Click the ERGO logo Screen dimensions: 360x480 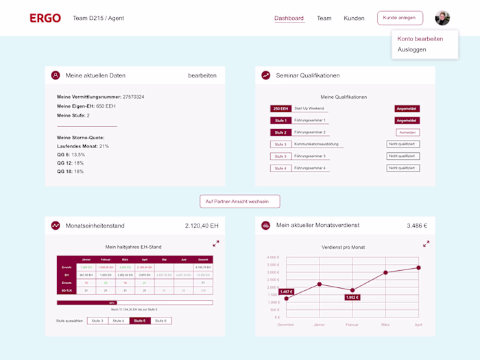tap(45, 18)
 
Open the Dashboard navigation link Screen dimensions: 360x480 tap(289, 19)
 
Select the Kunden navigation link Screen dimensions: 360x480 tap(354, 19)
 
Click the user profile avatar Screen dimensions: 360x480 tap(442, 18)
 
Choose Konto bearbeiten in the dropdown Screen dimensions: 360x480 tap(420, 39)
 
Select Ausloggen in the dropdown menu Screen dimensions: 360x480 tap(411, 49)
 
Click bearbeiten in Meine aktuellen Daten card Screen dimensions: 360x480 tap(202, 75)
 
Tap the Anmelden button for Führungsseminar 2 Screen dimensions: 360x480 tap(407, 132)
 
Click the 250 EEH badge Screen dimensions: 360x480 tap(281, 108)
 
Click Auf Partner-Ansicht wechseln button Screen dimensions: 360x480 tap(240, 201)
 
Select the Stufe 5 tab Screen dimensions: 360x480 tap(140, 321)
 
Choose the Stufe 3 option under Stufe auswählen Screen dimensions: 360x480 tap(97, 321)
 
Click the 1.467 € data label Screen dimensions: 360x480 tap(286, 292)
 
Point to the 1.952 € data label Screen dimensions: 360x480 tap(352, 298)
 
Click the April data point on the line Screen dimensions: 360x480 tap(418, 268)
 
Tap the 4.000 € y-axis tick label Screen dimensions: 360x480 tap(272, 258)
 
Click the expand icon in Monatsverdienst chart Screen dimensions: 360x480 tap(426, 243)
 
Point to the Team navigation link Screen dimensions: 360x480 tap(324, 19)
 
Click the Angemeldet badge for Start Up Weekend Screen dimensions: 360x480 tap(407, 108)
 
